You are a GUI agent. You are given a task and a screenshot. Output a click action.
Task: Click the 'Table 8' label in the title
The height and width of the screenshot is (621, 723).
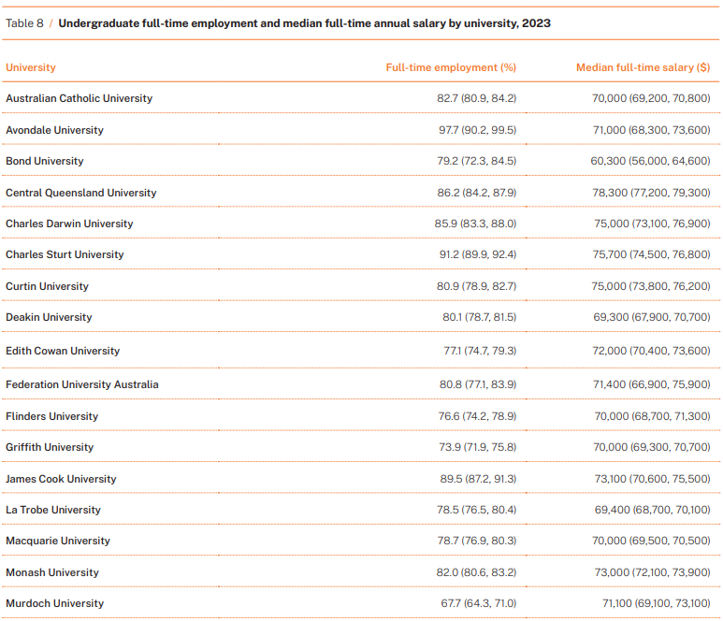[x=24, y=23]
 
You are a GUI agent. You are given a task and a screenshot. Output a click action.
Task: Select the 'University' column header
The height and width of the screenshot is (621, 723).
[x=31, y=67]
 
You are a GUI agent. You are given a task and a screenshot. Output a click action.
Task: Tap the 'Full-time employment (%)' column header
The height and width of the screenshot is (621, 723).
[x=451, y=67]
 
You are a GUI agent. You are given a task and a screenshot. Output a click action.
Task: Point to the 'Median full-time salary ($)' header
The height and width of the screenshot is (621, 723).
[x=643, y=67]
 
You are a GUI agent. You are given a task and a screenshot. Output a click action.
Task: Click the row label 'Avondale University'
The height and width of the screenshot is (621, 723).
[x=54, y=130]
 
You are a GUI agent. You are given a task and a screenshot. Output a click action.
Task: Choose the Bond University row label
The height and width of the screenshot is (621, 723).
[x=45, y=161]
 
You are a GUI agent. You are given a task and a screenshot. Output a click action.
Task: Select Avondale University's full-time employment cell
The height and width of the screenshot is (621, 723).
[x=478, y=130]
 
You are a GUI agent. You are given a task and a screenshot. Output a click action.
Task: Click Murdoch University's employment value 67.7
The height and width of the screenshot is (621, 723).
[x=451, y=603]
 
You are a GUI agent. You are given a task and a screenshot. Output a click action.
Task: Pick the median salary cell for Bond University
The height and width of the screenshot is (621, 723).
[x=651, y=161]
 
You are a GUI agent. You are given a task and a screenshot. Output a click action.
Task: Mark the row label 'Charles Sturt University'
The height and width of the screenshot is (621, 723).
[x=65, y=254]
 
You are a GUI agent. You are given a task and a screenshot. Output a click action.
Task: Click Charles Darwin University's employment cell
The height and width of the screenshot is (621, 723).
[x=475, y=224]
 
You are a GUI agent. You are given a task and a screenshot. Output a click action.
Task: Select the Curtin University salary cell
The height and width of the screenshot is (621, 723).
[x=651, y=286]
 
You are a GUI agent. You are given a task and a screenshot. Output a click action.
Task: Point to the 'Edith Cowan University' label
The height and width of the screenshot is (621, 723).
[x=63, y=351]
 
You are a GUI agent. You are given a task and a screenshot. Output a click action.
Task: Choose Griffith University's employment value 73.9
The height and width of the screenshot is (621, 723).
[x=450, y=447]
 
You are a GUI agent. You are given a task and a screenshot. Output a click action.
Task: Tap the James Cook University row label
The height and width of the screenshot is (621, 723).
[x=61, y=479]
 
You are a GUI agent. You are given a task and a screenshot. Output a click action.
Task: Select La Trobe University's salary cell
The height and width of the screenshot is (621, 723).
[x=653, y=510]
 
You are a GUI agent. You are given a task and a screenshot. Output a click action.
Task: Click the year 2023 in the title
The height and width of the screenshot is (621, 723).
[x=536, y=23]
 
